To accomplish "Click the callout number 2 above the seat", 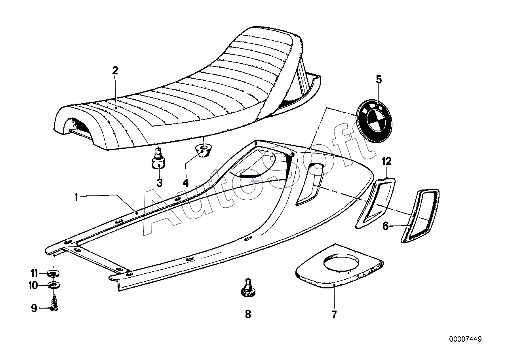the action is click(116, 71).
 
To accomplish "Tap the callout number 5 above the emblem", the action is click(379, 80).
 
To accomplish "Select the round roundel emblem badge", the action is click(374, 121).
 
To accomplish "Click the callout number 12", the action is click(386, 161).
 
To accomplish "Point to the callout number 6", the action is click(385, 226).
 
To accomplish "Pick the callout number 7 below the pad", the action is click(334, 315).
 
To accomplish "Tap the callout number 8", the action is click(248, 314).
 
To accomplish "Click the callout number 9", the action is click(34, 309).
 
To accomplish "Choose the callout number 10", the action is click(33, 285).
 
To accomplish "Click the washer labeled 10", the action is click(54, 285).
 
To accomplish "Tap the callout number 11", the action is click(34, 273).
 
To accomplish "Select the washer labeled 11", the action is click(53, 273).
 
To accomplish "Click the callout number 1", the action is click(76, 197).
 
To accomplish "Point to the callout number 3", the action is click(160, 183).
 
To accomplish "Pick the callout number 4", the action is click(186, 183).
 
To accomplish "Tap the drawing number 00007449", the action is click(465, 346).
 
